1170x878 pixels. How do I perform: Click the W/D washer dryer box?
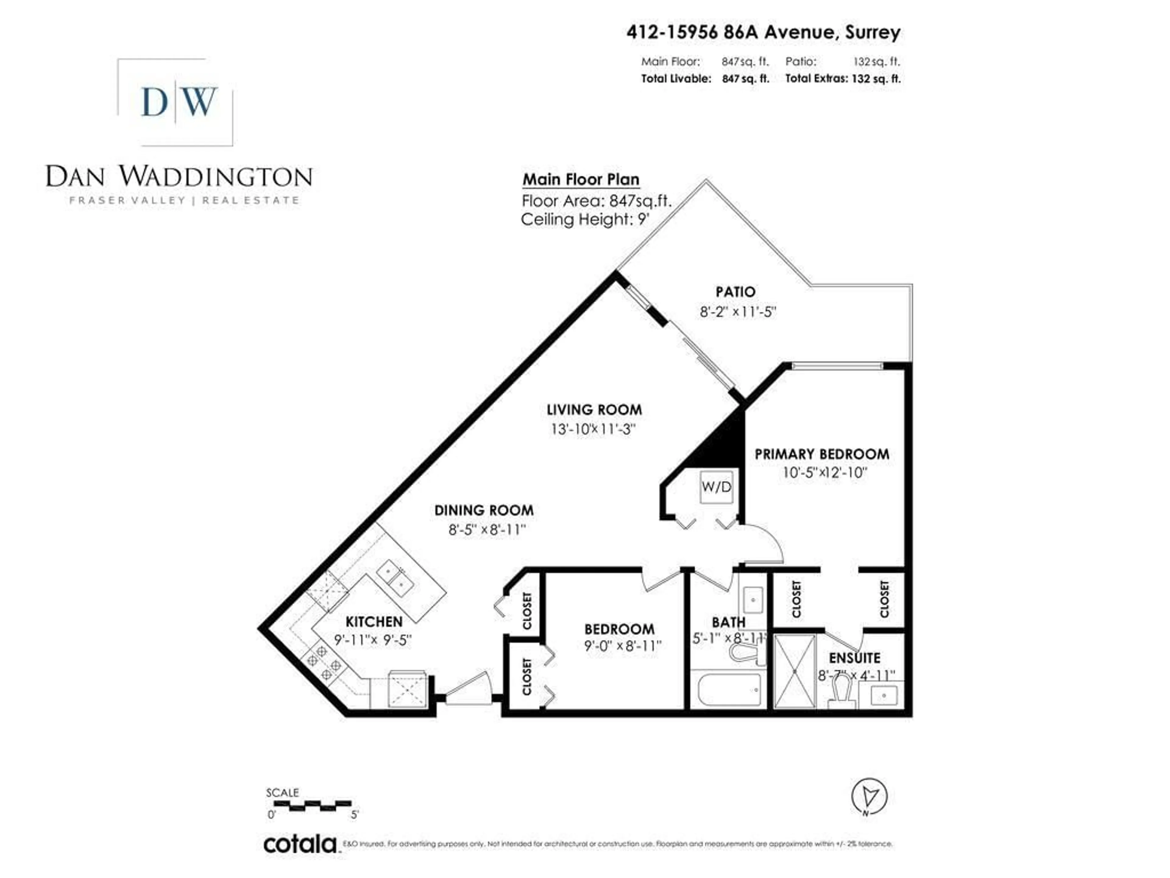(x=716, y=486)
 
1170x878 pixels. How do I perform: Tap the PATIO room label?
(x=735, y=292)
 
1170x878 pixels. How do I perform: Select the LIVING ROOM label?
(x=594, y=410)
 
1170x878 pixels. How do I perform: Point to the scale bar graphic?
(x=312, y=805)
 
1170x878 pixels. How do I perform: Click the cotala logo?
(x=300, y=844)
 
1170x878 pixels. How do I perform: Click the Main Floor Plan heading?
(x=581, y=179)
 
